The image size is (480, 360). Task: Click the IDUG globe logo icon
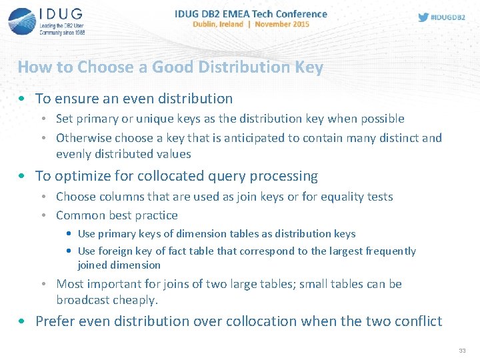pyautogui.click(x=21, y=21)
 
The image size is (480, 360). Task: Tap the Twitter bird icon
pyautogui.click(x=423, y=17)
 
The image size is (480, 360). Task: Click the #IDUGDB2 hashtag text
pyautogui.click(x=448, y=17)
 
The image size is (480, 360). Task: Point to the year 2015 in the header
pyautogui.click(x=300, y=24)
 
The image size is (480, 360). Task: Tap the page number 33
pyautogui.click(x=462, y=351)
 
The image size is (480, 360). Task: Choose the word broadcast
pyautogui.click(x=85, y=300)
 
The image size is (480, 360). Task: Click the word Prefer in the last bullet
pyautogui.click(x=55, y=321)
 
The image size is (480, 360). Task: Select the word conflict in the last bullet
pyautogui.click(x=417, y=321)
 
